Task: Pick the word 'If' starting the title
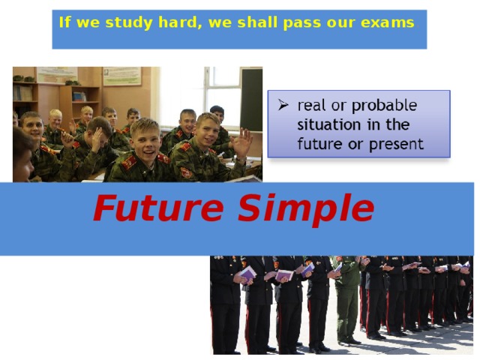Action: pyautogui.click(x=64, y=22)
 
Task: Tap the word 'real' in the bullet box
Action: pyautogui.click(x=312, y=105)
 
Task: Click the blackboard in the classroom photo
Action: pyautogui.click(x=251, y=97)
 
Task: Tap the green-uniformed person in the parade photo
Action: pyautogui.click(x=346, y=300)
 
